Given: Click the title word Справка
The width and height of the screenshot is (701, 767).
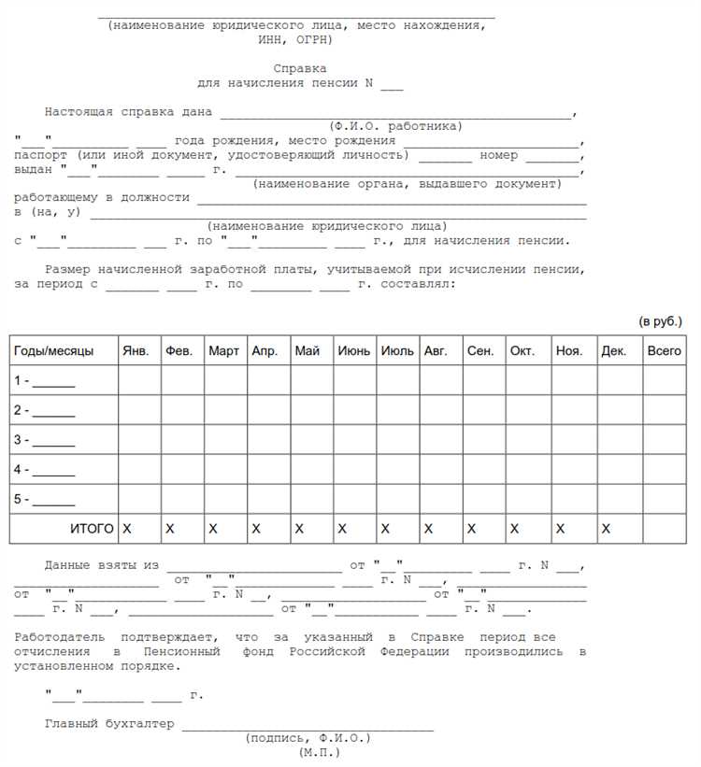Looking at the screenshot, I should (300, 68).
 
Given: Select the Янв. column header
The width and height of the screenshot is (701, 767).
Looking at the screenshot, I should (136, 351).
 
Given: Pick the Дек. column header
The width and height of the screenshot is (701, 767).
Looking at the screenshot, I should (614, 351).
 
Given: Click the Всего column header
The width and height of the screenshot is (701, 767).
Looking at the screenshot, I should (665, 351).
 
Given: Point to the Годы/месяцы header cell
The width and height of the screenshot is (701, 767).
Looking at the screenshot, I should (53, 351).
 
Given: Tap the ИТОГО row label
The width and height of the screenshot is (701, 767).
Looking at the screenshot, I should (92, 529).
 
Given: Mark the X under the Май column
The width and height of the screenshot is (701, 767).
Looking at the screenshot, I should (299, 529).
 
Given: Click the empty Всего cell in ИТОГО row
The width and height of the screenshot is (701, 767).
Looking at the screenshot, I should (665, 529).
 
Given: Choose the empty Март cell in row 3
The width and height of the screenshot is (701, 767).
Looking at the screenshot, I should (225, 439).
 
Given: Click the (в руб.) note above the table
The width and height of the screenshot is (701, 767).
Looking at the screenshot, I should (661, 321).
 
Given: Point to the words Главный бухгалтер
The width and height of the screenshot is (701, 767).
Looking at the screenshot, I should (109, 724).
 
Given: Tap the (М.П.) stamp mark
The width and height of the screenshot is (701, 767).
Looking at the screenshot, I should (320, 751).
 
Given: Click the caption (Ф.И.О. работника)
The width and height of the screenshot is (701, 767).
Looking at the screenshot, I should (395, 126).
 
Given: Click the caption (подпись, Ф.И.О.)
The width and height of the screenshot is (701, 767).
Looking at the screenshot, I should (308, 738).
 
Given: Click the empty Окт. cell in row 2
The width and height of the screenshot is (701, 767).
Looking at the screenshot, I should (529, 410).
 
